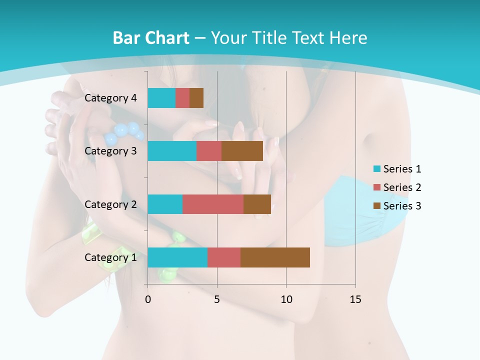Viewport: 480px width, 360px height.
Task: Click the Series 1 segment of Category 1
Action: click(x=177, y=257)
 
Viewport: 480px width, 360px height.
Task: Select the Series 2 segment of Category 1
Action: click(x=224, y=257)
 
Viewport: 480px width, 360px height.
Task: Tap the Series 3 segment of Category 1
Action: click(x=275, y=257)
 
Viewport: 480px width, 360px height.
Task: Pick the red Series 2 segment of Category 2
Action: click(x=213, y=204)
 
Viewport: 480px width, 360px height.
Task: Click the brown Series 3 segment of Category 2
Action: click(x=257, y=204)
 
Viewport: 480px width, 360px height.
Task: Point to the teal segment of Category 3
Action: click(x=172, y=151)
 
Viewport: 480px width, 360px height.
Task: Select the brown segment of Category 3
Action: click(x=242, y=151)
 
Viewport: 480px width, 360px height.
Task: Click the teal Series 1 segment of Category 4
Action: click(x=161, y=98)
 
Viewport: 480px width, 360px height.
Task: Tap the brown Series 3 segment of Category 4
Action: click(x=196, y=98)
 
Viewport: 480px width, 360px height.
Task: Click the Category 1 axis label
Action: click(x=110, y=257)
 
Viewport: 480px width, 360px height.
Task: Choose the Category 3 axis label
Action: click(x=110, y=151)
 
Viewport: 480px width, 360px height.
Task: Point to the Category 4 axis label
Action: click(x=110, y=98)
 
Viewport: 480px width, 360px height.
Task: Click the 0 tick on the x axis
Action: click(x=148, y=299)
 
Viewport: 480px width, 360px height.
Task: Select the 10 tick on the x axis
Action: click(x=286, y=299)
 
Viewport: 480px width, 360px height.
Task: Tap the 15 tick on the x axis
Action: click(x=355, y=299)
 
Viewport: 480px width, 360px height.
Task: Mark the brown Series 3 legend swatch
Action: click(x=377, y=206)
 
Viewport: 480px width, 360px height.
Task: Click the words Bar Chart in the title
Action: click(x=151, y=38)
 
